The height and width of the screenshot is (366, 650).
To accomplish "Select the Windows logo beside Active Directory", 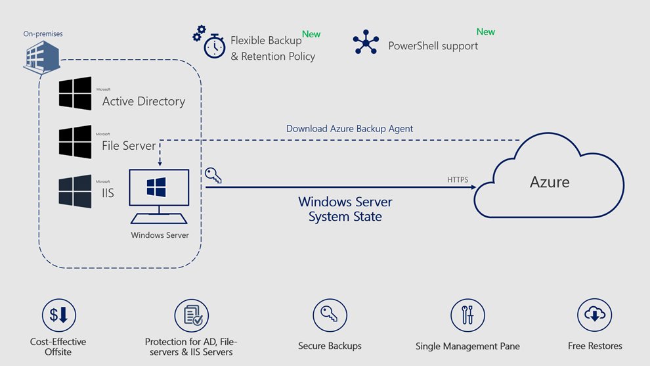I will pyautogui.click(x=75, y=93).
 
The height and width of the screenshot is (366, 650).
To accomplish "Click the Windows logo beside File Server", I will pyautogui.click(x=75, y=141).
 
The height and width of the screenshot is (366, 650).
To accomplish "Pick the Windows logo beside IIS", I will pyautogui.click(x=75, y=191).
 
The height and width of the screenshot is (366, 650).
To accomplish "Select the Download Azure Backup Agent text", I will pyautogui.click(x=349, y=129).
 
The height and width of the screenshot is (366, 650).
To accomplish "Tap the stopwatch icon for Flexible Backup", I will pyautogui.click(x=214, y=47).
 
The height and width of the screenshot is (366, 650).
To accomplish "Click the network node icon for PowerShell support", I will pyautogui.click(x=366, y=41).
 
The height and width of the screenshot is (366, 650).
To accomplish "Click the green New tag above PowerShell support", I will pyautogui.click(x=485, y=32).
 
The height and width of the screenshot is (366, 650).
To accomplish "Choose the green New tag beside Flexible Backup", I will pyautogui.click(x=311, y=34).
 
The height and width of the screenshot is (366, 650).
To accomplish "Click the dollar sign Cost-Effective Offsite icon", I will pyautogui.click(x=58, y=315).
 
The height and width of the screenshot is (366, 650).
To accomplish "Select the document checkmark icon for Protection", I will pyautogui.click(x=191, y=315).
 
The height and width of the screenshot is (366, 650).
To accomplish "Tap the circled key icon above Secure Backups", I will pyautogui.click(x=330, y=315).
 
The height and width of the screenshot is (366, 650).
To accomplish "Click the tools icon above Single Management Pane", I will pyautogui.click(x=467, y=315).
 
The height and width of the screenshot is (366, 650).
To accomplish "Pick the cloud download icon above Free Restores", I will pyautogui.click(x=594, y=315).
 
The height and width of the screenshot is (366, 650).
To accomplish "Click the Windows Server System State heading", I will pyautogui.click(x=345, y=209).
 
